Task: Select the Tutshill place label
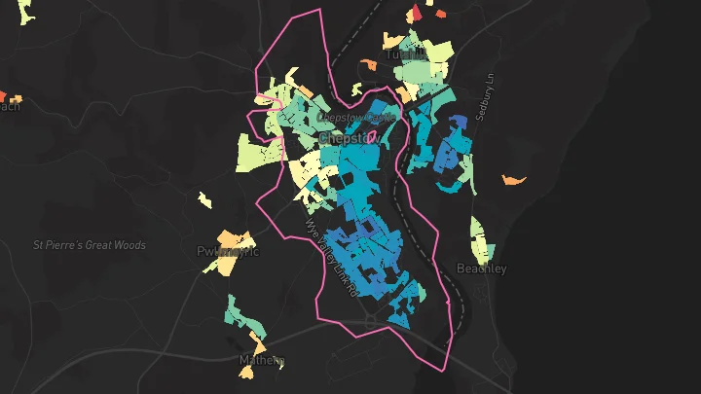405,54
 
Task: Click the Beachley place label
481,269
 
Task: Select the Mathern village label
262,361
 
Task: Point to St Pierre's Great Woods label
89,245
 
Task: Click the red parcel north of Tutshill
415,11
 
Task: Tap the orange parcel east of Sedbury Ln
514,179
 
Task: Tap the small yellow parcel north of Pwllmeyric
203,199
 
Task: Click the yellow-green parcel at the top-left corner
23,12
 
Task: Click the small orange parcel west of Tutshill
368,64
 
